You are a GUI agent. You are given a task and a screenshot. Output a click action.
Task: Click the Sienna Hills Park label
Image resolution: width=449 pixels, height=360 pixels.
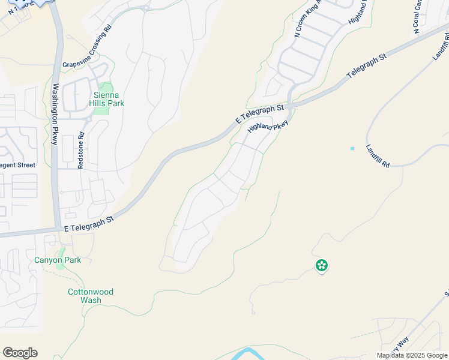109,99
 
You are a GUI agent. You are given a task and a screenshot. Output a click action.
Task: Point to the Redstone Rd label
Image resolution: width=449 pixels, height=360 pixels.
80,151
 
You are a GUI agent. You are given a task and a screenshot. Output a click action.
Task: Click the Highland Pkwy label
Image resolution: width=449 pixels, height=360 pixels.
268,128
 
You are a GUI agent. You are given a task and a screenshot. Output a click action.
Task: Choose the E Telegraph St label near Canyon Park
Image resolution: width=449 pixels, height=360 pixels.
89,224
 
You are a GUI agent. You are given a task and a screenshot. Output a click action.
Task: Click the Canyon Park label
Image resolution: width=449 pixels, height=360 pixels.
58,260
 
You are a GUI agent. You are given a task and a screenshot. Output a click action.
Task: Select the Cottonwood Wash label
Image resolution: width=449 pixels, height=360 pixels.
90,296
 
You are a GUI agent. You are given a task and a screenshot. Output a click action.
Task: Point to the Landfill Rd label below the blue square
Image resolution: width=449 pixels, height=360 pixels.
378,155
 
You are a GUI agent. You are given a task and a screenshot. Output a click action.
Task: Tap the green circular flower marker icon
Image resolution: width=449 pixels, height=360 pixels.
322,265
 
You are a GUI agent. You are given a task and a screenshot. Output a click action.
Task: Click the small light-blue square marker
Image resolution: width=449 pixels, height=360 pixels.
352,148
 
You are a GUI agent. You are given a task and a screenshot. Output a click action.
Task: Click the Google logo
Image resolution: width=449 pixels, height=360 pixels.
20,353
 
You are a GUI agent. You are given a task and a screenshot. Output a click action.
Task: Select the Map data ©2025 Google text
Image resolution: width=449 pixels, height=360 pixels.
412,355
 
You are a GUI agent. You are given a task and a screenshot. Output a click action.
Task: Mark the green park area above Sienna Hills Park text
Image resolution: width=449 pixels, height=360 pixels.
106,88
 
